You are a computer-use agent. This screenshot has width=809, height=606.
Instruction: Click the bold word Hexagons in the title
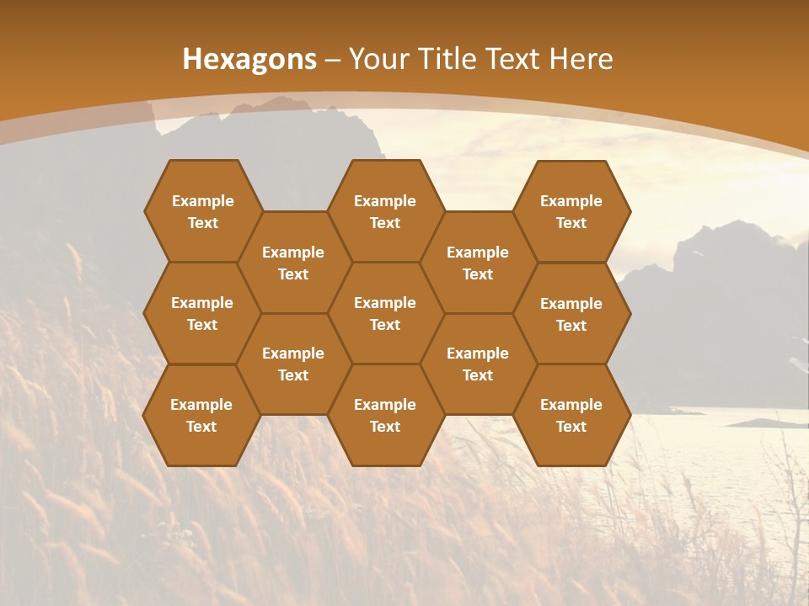[249, 59]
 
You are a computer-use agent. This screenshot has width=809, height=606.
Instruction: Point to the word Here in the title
[581, 59]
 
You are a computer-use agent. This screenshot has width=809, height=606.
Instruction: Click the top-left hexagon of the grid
[202, 211]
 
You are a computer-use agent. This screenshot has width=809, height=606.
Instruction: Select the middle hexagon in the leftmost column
[202, 313]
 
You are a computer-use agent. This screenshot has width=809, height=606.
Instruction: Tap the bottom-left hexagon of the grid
[201, 415]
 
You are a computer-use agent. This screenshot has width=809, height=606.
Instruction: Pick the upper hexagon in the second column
[293, 263]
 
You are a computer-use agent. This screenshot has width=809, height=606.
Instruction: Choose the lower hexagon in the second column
[293, 364]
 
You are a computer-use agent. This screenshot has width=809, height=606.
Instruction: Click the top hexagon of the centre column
[385, 211]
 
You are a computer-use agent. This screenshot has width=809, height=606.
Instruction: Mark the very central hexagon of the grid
[385, 313]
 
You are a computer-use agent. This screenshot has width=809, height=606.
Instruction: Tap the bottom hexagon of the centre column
[385, 415]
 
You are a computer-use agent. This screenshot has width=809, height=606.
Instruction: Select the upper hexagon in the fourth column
[478, 263]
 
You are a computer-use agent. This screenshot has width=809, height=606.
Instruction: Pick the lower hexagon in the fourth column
[478, 364]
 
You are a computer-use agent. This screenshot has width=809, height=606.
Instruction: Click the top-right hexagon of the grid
[571, 211]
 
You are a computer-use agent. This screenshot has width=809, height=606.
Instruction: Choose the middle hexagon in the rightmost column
[571, 314]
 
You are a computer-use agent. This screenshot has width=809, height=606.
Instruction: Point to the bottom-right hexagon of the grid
[571, 415]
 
